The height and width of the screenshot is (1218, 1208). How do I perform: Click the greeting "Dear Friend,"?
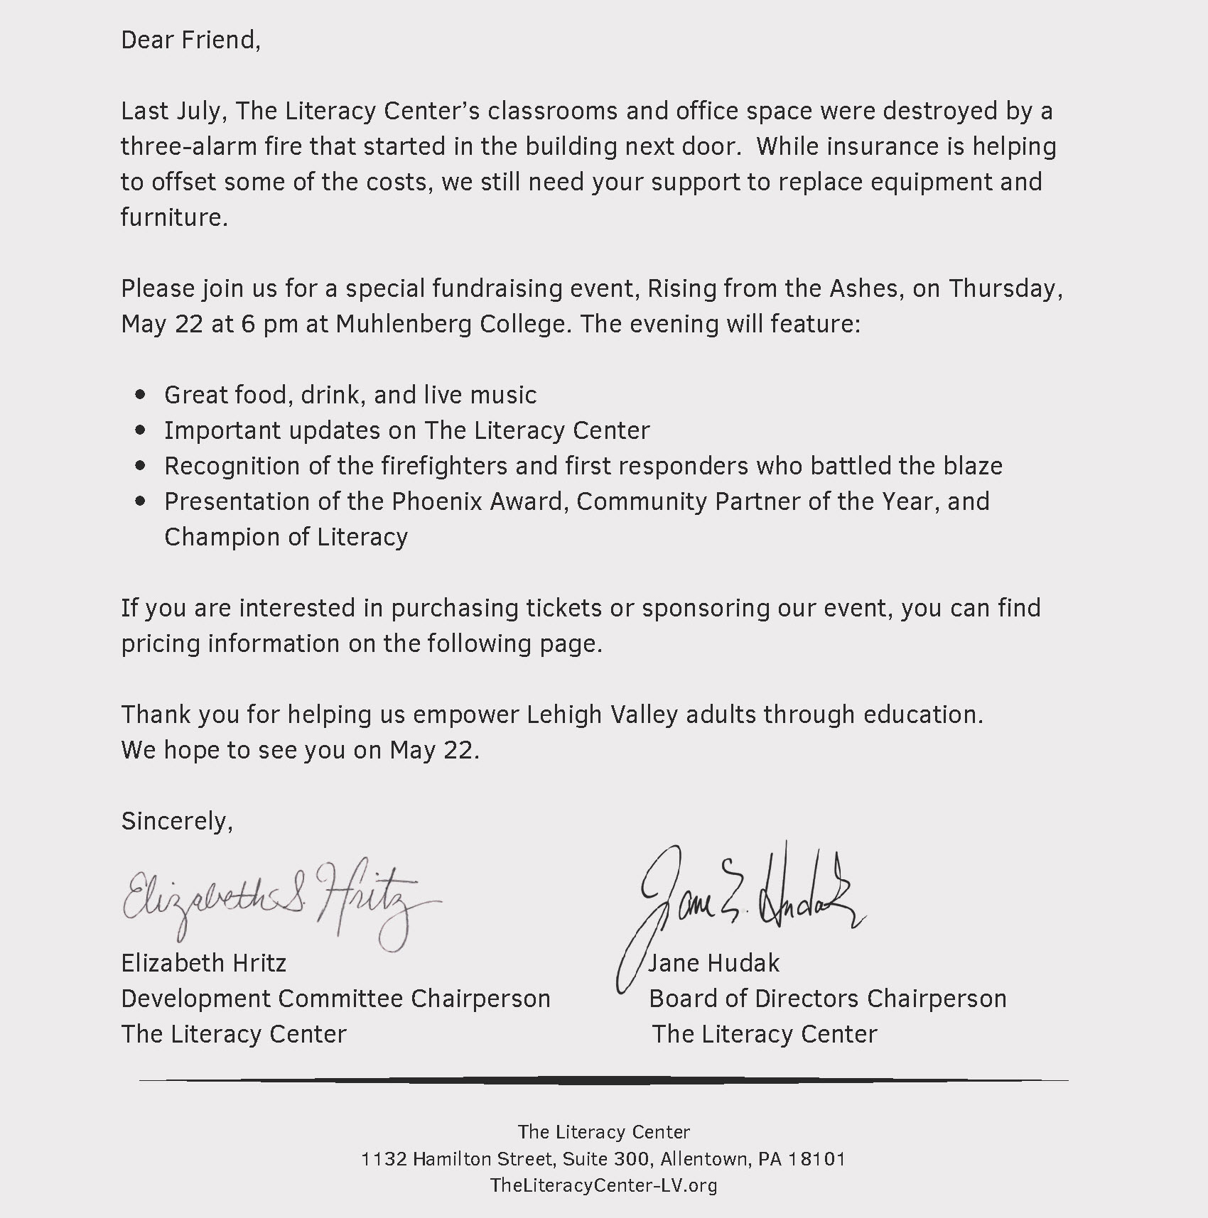point(190,40)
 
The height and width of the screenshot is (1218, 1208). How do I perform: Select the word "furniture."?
point(174,217)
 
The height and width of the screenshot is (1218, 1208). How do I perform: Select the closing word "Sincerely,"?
point(177,821)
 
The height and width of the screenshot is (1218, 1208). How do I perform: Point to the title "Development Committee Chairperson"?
point(335,999)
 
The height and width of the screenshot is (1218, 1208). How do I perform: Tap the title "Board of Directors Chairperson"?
point(827,999)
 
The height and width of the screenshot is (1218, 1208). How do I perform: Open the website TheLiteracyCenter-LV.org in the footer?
point(603,1185)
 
